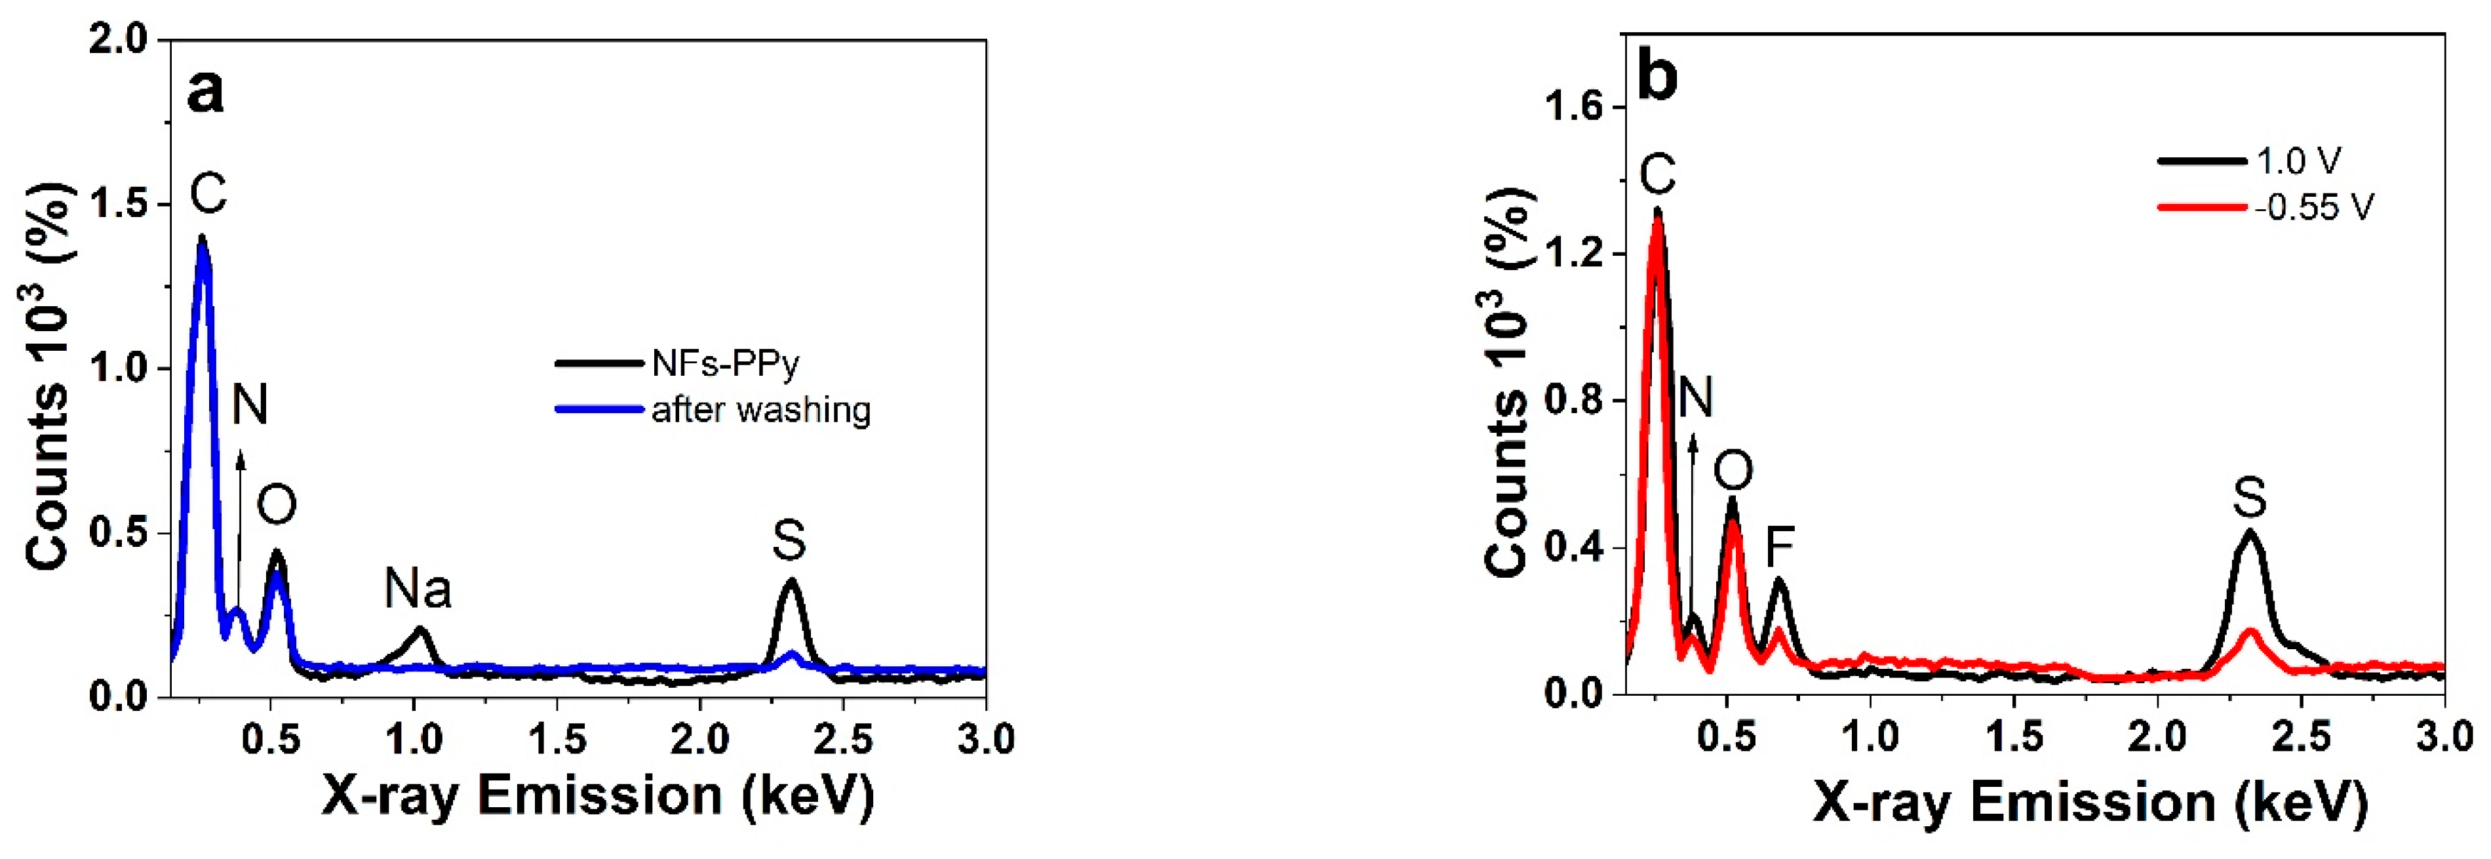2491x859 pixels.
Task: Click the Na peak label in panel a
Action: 417,588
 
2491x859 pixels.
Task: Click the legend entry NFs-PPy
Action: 725,364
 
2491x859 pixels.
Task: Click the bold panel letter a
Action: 205,92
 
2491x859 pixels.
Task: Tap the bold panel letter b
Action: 1657,77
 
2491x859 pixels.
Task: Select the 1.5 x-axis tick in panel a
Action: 557,740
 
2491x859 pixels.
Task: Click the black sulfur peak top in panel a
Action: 791,580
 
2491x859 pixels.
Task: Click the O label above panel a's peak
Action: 277,505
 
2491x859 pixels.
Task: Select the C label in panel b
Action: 1657,175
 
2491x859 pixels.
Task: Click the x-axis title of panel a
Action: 597,795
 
